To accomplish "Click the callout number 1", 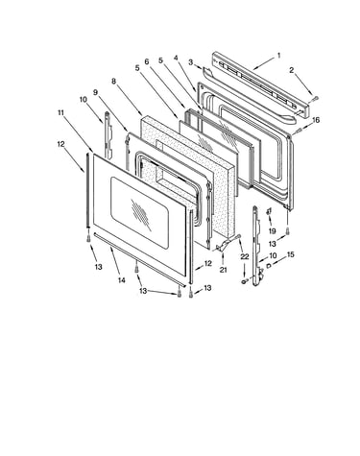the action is click(278, 56).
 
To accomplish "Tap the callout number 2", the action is click(291, 70).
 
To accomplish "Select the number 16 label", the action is click(316, 120).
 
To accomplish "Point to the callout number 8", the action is click(113, 82).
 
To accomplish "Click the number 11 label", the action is click(60, 112).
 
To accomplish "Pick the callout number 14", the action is click(121, 280).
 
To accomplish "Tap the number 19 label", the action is click(272, 230).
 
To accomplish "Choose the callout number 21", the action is click(223, 270).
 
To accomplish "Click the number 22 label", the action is click(245, 256).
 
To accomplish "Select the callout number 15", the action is click(290, 254).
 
